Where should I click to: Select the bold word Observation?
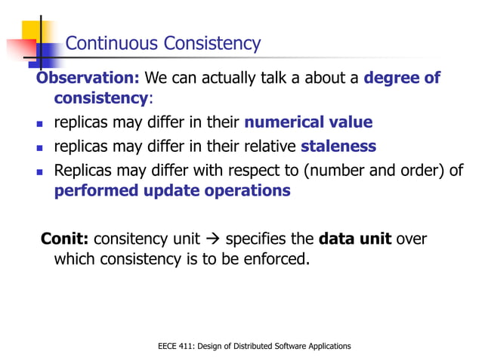click(x=88, y=79)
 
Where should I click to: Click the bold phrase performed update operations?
click(x=172, y=190)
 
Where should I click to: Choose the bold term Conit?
click(x=65, y=239)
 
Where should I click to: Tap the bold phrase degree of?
click(x=402, y=79)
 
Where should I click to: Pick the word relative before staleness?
click(x=270, y=146)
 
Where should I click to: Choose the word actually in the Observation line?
click(x=215, y=79)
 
